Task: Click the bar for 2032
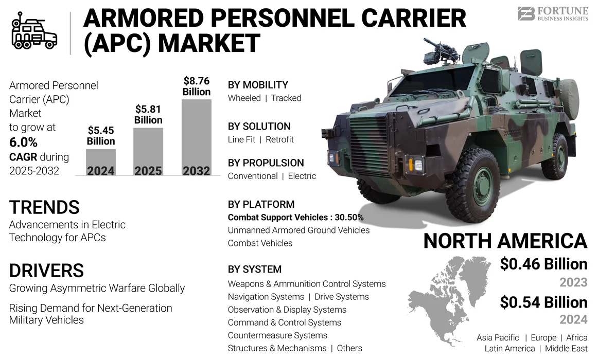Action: (197, 137)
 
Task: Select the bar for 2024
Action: (101, 162)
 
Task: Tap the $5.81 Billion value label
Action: (148, 115)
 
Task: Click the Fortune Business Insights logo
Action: (553, 13)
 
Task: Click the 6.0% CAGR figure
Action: (24, 142)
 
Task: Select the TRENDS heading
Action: (44, 207)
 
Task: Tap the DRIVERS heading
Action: (46, 271)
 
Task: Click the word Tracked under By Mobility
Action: (286, 98)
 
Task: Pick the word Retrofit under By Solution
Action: (279, 139)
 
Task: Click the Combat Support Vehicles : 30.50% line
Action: (295, 218)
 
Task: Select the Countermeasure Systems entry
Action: (277, 335)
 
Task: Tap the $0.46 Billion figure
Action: (543, 264)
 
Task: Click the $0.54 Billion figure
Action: (543, 302)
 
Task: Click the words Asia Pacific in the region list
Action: (498, 338)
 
